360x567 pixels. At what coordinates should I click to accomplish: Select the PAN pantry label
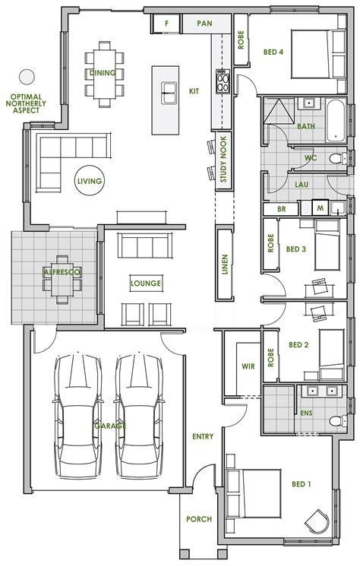(x=204, y=24)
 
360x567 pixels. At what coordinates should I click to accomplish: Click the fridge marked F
(x=166, y=24)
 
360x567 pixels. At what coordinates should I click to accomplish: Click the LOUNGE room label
(x=145, y=283)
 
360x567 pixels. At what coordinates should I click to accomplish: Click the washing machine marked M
(x=320, y=207)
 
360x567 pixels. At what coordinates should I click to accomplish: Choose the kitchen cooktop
(x=224, y=81)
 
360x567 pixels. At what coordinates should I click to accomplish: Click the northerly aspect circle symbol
(x=27, y=76)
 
